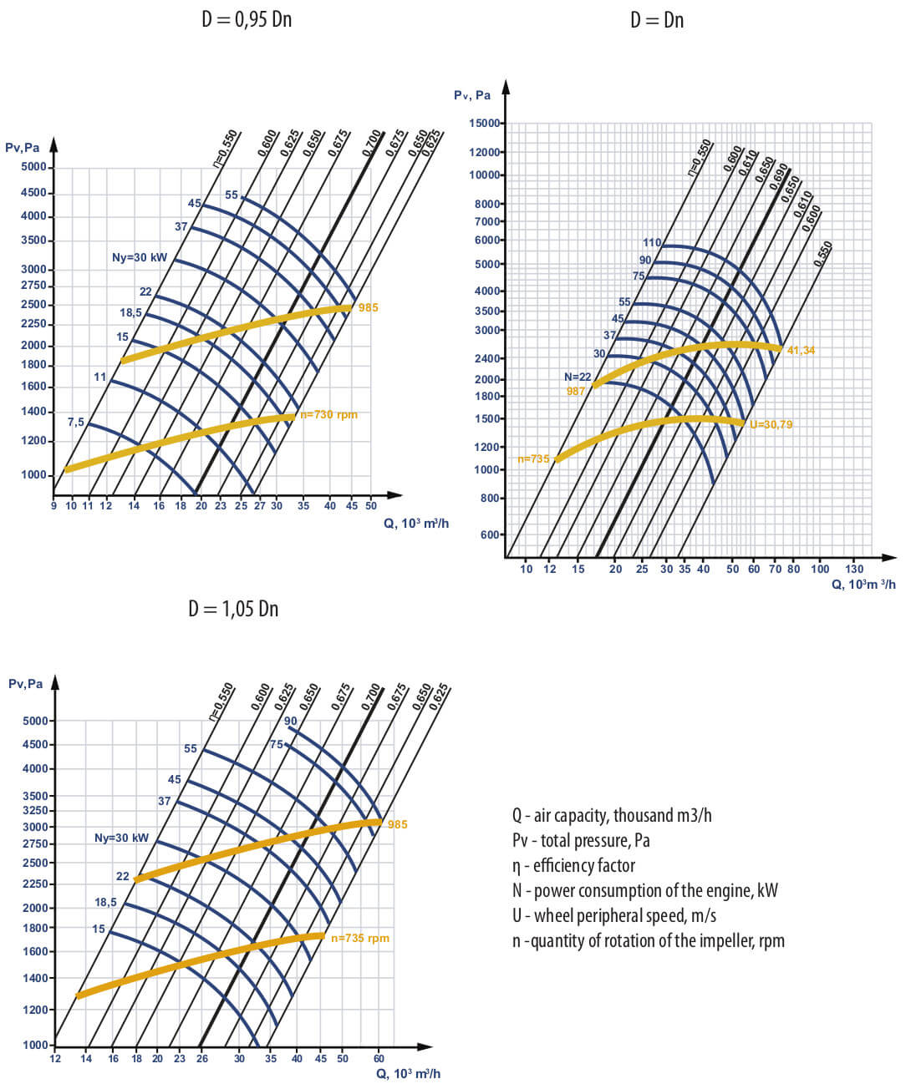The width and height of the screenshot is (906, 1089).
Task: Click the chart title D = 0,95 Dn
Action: (x=247, y=19)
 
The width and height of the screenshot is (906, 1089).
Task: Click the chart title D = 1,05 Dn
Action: (x=233, y=609)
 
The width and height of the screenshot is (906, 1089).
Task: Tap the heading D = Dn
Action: (x=657, y=19)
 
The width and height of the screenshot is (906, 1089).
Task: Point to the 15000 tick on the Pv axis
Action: (x=484, y=124)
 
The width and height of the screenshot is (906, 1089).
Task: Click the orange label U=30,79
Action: (x=771, y=424)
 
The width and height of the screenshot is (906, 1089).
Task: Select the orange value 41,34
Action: (x=801, y=350)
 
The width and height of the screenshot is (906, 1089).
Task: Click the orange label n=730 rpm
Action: (x=328, y=414)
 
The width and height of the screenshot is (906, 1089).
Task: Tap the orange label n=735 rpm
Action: (x=360, y=938)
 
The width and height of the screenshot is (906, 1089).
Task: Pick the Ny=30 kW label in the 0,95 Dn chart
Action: (x=140, y=258)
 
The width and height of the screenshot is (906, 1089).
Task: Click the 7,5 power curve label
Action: (x=76, y=422)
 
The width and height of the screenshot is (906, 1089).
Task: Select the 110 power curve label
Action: (x=652, y=243)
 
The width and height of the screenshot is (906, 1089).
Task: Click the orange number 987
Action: (x=576, y=391)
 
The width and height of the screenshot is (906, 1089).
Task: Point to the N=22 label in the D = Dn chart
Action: (x=578, y=377)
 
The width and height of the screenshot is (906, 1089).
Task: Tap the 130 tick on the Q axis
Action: (x=854, y=569)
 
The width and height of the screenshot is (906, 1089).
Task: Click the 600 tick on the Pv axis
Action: (x=490, y=534)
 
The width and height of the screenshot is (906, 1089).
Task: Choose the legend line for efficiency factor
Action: (x=573, y=866)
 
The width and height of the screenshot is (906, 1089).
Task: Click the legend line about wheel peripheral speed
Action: (x=614, y=916)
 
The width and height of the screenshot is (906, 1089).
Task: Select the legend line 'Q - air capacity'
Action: (x=612, y=816)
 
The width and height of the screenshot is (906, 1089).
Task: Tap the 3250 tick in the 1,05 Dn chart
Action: (x=35, y=810)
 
